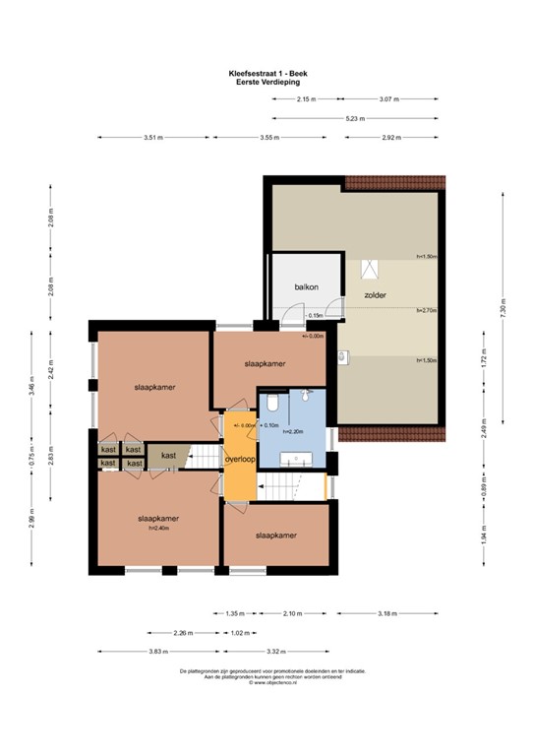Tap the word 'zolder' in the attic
(x=374, y=294)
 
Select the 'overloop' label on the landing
(x=240, y=459)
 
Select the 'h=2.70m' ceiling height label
(x=425, y=310)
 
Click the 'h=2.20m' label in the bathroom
(x=293, y=432)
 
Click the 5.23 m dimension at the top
(x=355, y=118)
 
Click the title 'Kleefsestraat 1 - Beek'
(x=267, y=72)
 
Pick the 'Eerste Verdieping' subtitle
(x=267, y=82)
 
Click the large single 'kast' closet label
(x=169, y=455)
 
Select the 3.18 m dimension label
(x=388, y=612)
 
